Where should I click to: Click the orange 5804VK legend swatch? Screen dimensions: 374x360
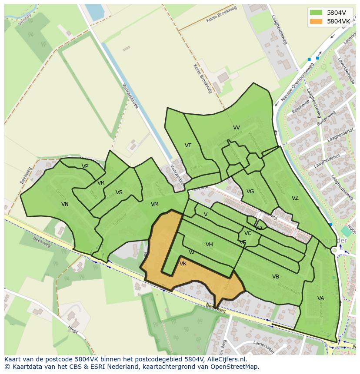click(x=316, y=21)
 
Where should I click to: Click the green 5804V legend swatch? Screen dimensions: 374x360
click(x=316, y=12)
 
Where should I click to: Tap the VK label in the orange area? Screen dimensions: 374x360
click(x=183, y=264)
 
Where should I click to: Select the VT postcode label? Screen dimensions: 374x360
click(x=188, y=146)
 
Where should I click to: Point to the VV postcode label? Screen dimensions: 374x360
click(x=237, y=128)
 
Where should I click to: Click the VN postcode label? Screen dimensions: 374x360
click(x=65, y=204)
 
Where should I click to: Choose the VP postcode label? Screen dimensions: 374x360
click(x=85, y=166)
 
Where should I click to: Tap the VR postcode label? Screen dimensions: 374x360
click(x=101, y=183)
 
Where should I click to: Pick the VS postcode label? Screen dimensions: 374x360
click(x=119, y=192)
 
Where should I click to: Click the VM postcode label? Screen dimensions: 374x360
click(x=155, y=204)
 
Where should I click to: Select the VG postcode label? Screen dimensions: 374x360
click(x=250, y=192)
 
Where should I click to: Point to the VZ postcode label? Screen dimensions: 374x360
click(x=295, y=198)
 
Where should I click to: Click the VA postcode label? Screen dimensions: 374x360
click(x=321, y=298)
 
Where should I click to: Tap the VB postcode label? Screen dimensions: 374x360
click(x=276, y=277)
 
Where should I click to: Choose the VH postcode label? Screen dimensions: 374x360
click(x=209, y=245)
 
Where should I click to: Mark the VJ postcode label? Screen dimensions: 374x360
click(x=191, y=252)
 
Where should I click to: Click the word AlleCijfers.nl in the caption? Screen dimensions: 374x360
click(x=226, y=359)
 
